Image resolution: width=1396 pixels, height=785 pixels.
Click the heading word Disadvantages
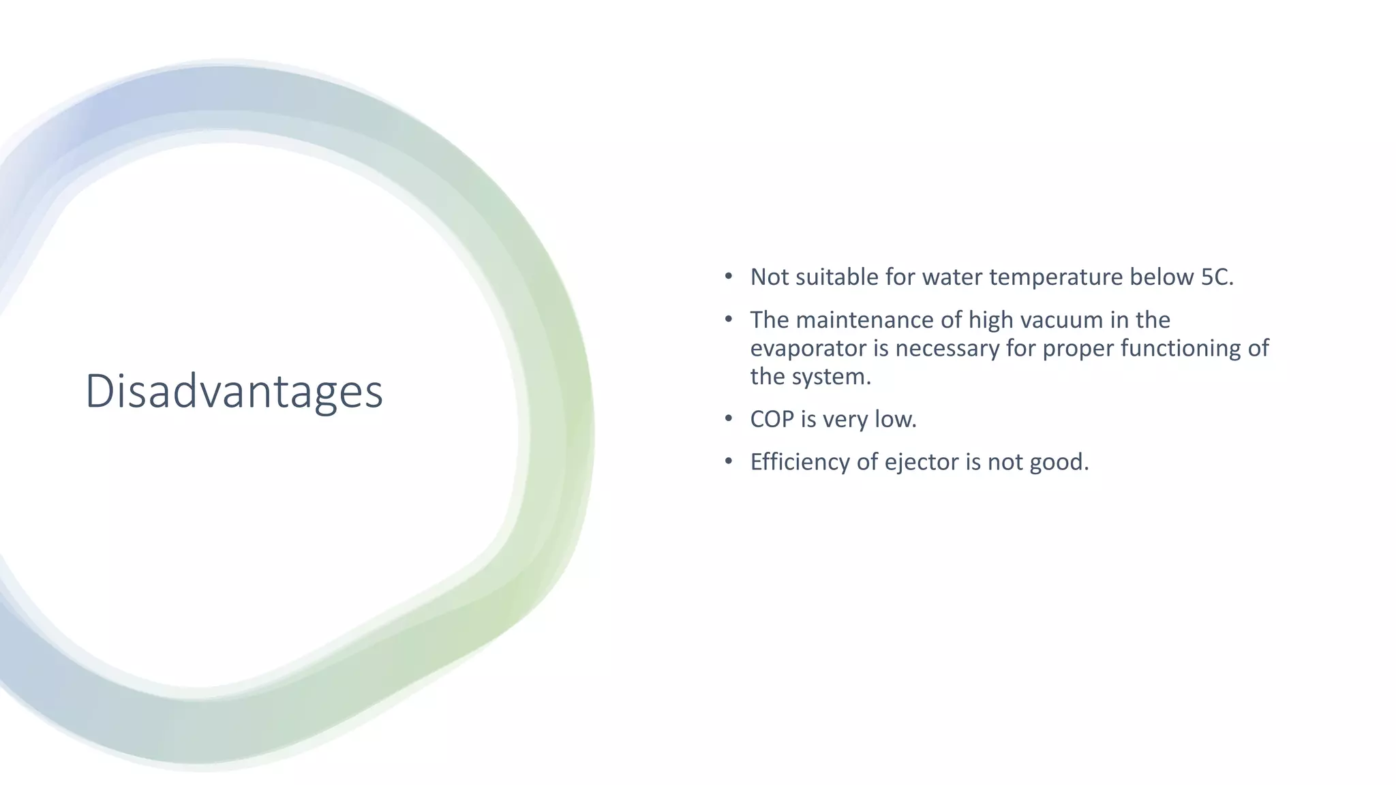(x=234, y=391)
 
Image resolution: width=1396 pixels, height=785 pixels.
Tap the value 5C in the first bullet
(x=1215, y=277)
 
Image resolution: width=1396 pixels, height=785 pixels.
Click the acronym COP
(x=772, y=419)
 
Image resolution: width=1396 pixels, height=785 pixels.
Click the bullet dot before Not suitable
(x=729, y=277)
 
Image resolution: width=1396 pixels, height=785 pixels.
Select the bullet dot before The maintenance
(x=729, y=319)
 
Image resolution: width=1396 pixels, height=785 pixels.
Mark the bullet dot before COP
(x=729, y=418)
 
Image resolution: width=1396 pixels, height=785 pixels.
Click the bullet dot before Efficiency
(x=729, y=461)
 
